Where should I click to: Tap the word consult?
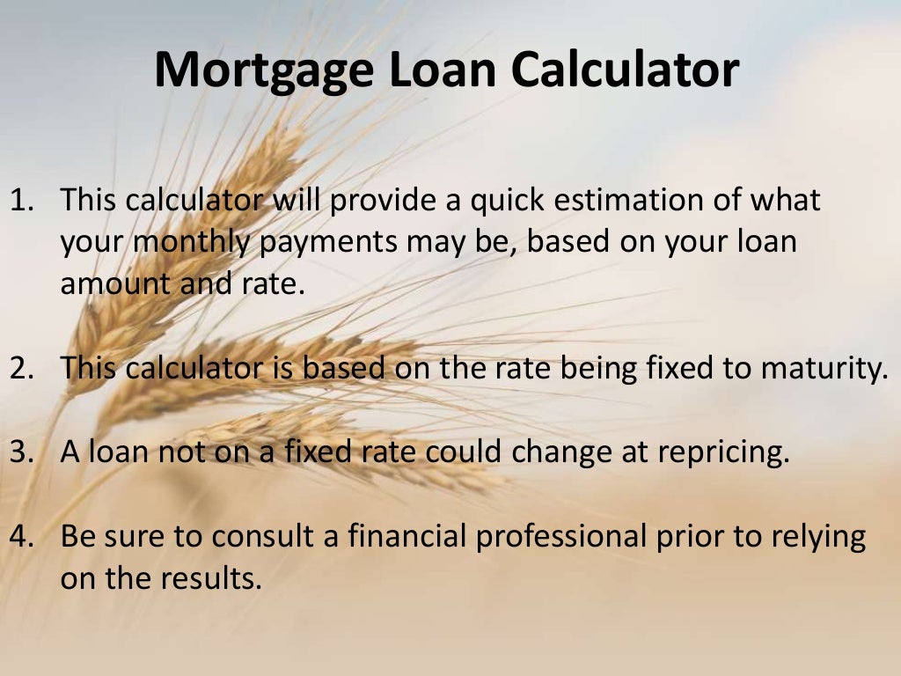point(280,536)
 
